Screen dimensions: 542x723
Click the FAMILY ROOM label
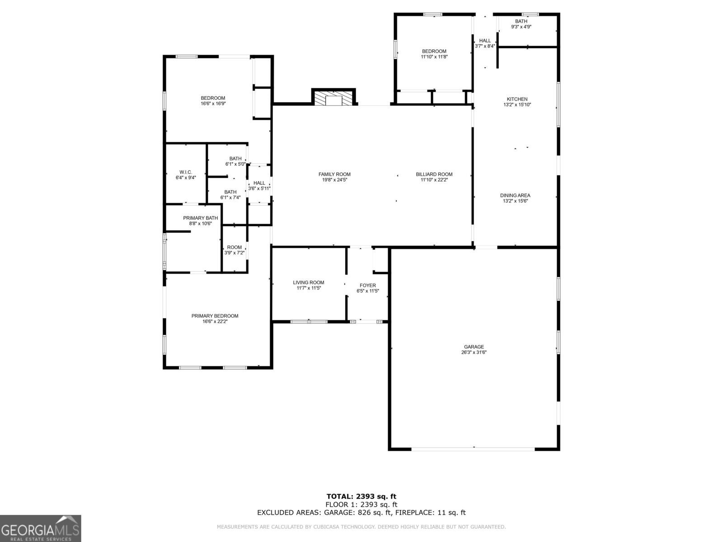click(334, 174)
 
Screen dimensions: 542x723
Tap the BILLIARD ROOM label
click(434, 174)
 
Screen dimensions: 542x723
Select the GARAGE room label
click(474, 347)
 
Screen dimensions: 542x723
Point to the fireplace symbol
click(334, 99)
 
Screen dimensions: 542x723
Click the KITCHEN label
click(517, 99)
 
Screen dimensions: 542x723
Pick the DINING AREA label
click(515, 196)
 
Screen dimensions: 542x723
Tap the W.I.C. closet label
click(186, 172)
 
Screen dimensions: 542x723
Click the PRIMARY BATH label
click(200, 218)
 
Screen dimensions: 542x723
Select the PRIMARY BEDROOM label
click(215, 316)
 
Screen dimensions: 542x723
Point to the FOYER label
click(367, 285)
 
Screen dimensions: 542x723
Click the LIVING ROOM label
click(309, 283)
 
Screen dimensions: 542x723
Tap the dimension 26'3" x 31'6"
click(474, 353)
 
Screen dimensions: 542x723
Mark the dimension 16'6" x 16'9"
click(213, 104)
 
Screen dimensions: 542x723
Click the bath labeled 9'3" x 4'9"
click(521, 24)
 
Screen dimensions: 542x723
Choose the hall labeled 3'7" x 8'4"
click(485, 43)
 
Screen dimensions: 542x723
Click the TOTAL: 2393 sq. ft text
click(361, 496)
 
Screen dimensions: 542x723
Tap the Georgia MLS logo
click(41, 528)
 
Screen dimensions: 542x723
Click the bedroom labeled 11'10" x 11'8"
click(434, 54)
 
